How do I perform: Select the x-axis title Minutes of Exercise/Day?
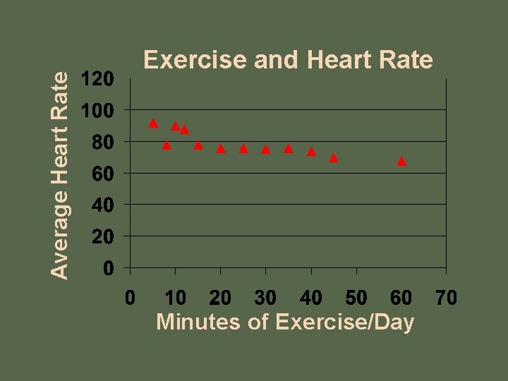tap(284, 322)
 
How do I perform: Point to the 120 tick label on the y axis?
tap(97, 79)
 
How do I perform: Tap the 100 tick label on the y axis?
tap(97, 111)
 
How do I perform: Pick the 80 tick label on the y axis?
tap(102, 142)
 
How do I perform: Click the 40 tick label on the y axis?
tap(102, 205)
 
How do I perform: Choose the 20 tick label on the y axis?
tap(102, 236)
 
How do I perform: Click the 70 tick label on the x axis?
tap(446, 298)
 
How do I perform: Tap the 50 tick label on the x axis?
tap(356, 298)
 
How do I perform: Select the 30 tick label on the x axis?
tap(265, 298)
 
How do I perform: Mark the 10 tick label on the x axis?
tap(175, 298)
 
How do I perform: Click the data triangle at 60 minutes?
tap(401, 161)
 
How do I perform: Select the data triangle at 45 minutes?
tap(334, 157)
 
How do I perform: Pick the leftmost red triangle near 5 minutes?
tap(153, 123)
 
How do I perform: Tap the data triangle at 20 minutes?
tap(220, 148)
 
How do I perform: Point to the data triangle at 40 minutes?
tap(311, 151)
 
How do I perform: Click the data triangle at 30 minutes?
tap(265, 149)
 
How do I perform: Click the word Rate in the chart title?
tap(405, 61)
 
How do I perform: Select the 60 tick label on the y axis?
tap(102, 174)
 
